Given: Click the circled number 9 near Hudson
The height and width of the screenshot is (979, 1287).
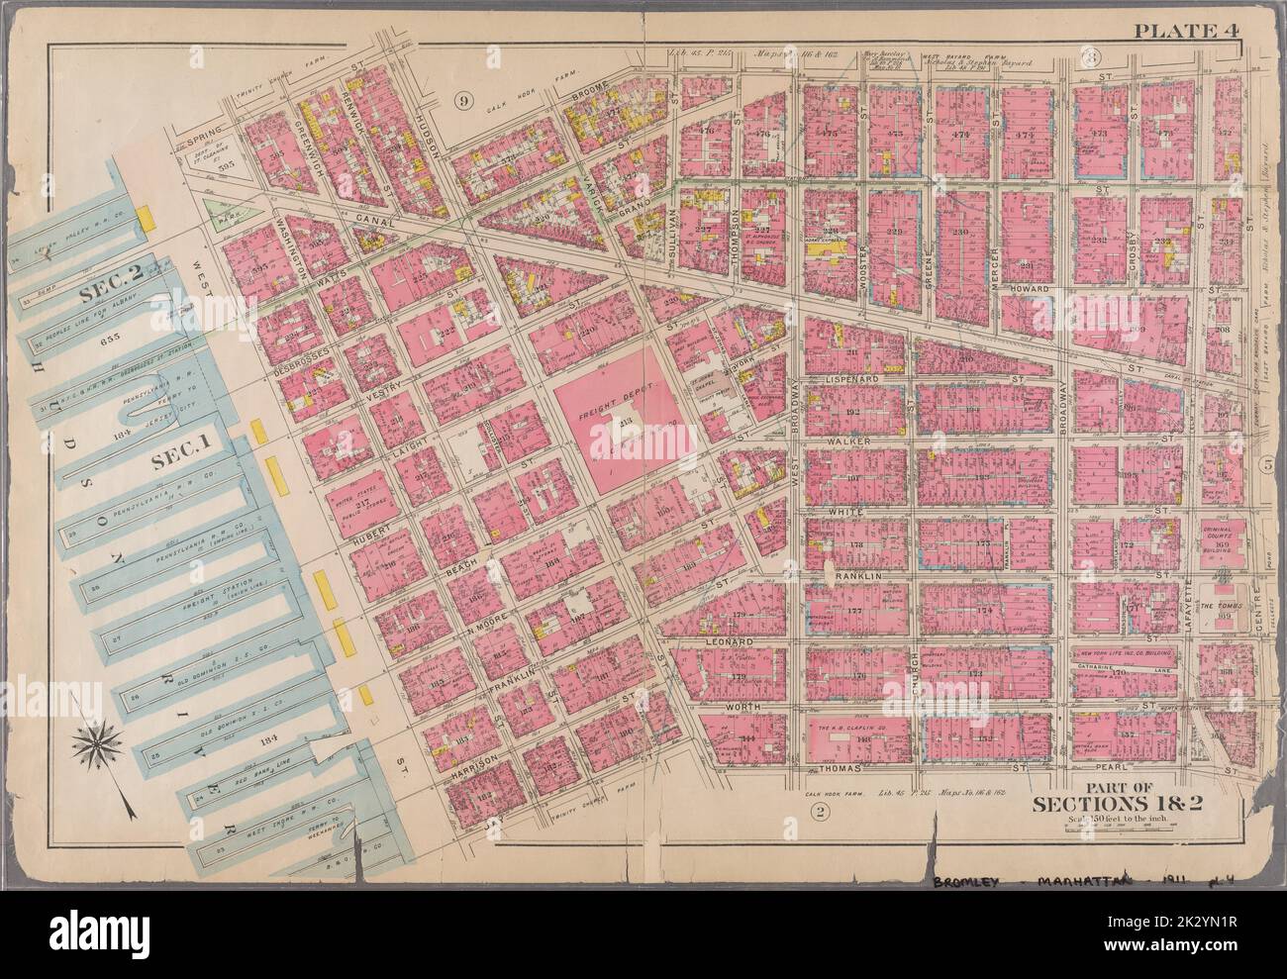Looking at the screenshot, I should tap(460, 99).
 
